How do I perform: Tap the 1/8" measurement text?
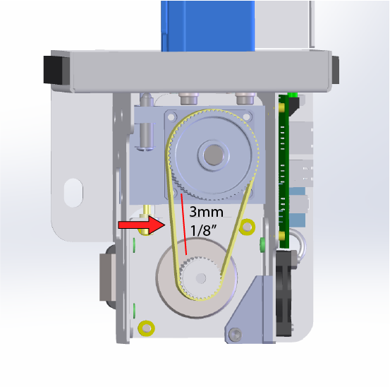202,230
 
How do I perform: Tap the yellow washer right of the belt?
247,226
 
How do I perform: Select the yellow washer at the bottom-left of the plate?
147,326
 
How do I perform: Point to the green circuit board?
285,169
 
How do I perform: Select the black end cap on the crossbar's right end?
335,69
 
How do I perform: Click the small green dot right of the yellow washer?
262,244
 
